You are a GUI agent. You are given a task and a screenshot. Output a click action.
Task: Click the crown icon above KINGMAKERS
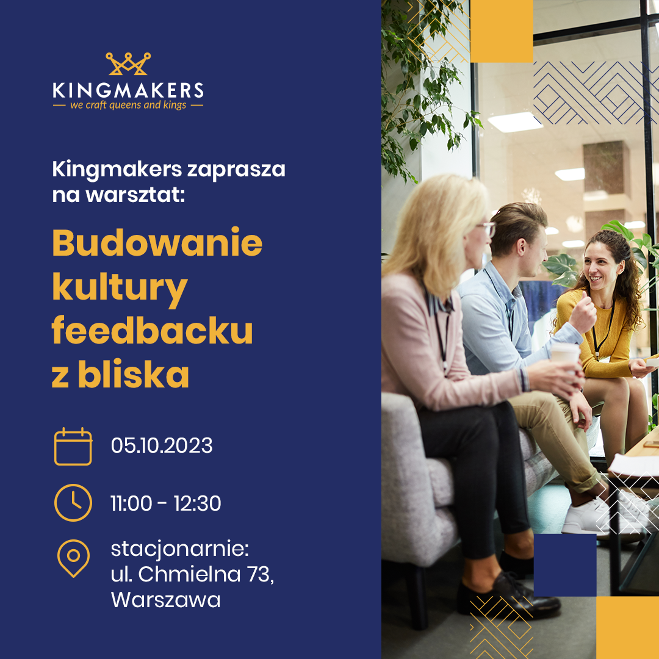(x=128, y=64)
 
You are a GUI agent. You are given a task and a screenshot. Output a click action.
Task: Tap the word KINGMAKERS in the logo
(x=128, y=90)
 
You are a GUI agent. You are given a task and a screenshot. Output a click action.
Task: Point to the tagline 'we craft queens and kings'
(x=128, y=105)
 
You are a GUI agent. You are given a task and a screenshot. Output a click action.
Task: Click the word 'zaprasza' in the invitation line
(x=236, y=170)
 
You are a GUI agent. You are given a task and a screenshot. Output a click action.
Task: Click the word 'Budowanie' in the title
(x=157, y=242)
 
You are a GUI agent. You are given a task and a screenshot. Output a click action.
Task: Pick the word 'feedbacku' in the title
(x=152, y=330)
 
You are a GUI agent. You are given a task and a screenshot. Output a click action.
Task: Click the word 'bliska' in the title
(x=133, y=373)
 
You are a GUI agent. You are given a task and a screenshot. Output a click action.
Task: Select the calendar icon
(x=73, y=446)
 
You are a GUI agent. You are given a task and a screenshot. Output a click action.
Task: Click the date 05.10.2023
(x=162, y=445)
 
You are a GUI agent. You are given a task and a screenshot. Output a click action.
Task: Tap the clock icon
(x=73, y=503)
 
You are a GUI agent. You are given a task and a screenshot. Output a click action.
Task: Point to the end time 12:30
(x=198, y=503)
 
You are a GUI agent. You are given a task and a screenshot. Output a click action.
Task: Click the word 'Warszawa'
(x=165, y=600)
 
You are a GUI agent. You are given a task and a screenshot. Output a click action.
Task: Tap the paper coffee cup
(x=565, y=355)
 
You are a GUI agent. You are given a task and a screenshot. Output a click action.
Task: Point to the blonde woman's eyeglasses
(x=488, y=228)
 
